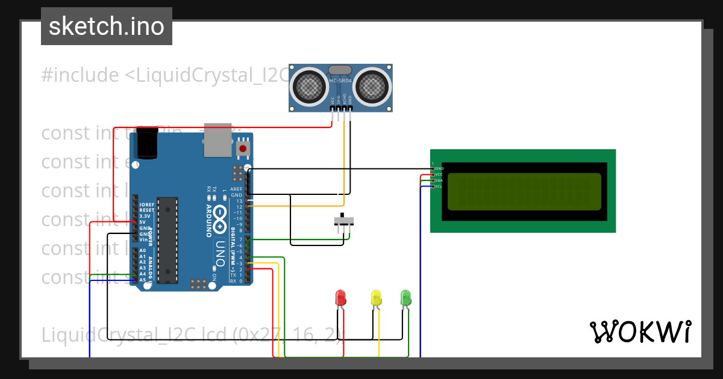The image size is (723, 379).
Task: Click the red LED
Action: click(340, 297)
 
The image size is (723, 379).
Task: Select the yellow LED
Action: click(376, 297)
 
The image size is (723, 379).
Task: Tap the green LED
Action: click(406, 297)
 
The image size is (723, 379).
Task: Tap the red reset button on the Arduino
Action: click(243, 148)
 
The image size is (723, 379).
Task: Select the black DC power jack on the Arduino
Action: click(146, 144)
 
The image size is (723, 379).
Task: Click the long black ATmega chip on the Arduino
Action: click(167, 239)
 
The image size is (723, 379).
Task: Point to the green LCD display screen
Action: click(524, 191)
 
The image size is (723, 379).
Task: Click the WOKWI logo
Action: click(640, 332)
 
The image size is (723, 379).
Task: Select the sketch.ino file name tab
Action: click(107, 26)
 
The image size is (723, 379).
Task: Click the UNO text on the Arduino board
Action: click(220, 253)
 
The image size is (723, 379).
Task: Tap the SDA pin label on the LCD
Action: click(439, 180)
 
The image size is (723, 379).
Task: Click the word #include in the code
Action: click(80, 75)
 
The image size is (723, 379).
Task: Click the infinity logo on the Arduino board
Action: click(220, 213)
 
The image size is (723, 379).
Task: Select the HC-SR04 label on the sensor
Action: click(340, 81)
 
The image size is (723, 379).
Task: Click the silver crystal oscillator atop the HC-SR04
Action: click(340, 70)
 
